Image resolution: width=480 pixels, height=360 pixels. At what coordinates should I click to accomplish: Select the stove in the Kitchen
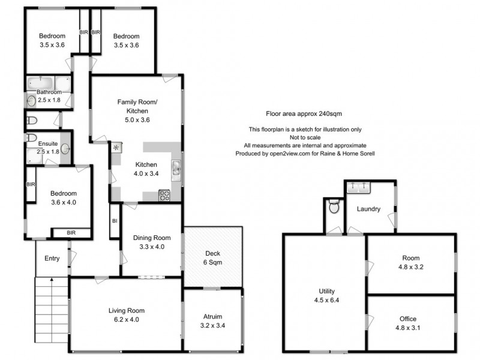click(x=164, y=195)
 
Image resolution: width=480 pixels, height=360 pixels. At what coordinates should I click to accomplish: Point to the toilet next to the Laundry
click(x=335, y=207)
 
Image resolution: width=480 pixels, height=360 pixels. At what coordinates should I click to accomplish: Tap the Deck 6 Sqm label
click(x=213, y=257)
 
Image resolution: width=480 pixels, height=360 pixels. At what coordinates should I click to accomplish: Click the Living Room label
click(x=127, y=310)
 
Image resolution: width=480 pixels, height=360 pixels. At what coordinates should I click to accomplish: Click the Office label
click(x=408, y=319)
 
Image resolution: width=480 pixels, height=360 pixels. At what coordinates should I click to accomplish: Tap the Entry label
click(x=52, y=258)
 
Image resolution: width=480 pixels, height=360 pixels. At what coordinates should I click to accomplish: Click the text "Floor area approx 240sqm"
click(x=304, y=113)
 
